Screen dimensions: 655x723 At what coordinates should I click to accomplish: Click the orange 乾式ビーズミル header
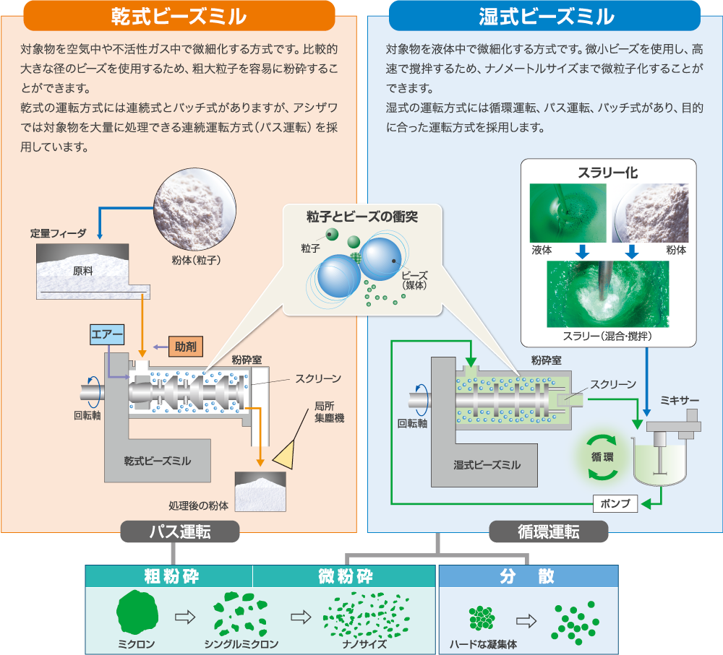click(x=179, y=16)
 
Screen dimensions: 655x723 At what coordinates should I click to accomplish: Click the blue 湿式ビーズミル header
click(x=546, y=16)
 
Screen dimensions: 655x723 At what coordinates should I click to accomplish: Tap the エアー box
click(x=107, y=334)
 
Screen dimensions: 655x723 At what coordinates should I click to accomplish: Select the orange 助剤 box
click(x=186, y=346)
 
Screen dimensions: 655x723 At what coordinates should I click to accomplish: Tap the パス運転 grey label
click(x=180, y=532)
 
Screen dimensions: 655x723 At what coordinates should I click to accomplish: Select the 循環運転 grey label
click(x=549, y=532)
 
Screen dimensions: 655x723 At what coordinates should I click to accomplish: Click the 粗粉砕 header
click(x=169, y=576)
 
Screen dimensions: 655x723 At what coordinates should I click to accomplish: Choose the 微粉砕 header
click(x=345, y=576)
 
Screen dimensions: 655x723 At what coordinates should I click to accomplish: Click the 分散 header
click(x=528, y=576)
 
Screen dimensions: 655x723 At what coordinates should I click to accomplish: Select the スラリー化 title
click(x=608, y=173)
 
